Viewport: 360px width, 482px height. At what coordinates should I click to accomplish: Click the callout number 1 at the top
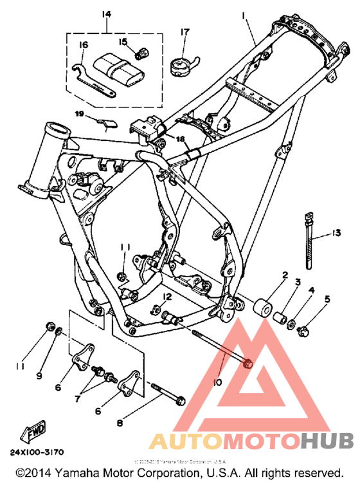pyautogui.click(x=244, y=15)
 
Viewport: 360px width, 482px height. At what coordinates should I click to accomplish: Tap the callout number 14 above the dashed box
pyautogui.click(x=106, y=14)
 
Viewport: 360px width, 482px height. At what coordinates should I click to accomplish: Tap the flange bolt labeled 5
pyautogui.click(x=305, y=331)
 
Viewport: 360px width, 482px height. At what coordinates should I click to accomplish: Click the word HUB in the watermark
pyautogui.click(x=327, y=441)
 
